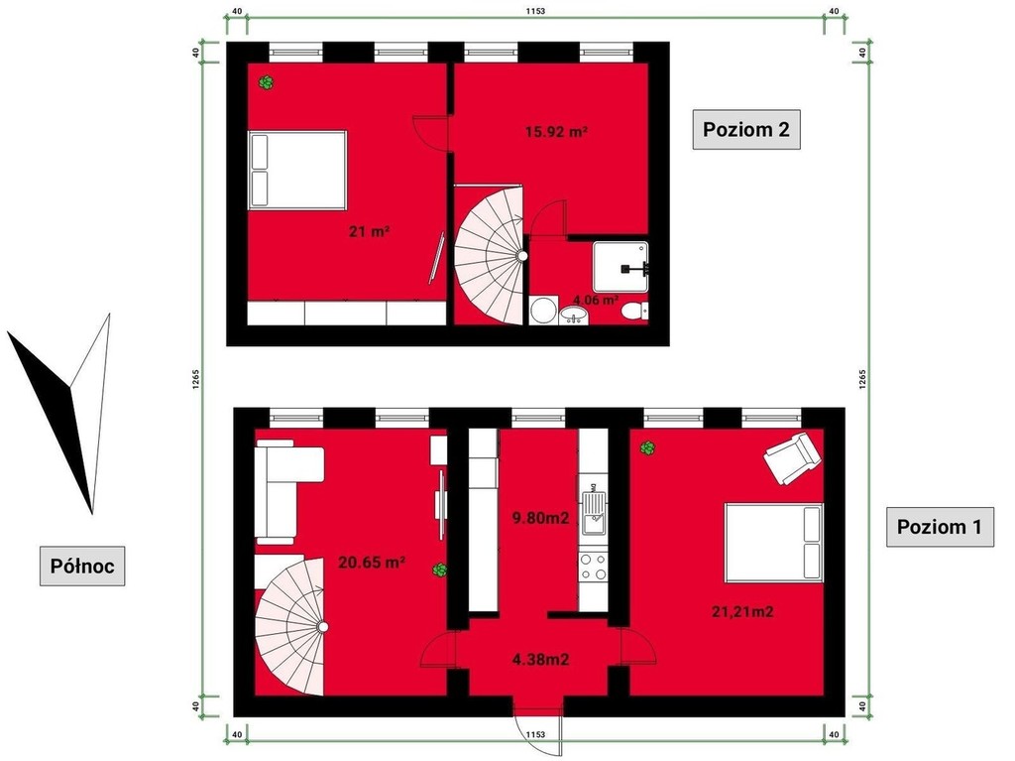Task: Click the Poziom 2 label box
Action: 745,130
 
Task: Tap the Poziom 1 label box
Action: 940,526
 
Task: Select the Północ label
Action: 82,566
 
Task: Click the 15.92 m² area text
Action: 556,132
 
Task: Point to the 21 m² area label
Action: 369,231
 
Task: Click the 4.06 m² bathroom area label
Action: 596,300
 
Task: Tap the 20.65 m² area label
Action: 372,562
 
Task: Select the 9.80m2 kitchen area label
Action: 540,517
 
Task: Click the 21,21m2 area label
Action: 742,611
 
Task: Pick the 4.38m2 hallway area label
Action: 540,660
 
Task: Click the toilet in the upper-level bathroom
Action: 634,312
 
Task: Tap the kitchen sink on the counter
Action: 594,513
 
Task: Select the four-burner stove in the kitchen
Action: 593,567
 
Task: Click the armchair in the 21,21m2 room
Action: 792,457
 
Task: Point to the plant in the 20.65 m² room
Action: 439,571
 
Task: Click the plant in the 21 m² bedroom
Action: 266,82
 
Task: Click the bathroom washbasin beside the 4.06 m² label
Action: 574,316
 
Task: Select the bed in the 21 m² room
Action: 297,171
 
